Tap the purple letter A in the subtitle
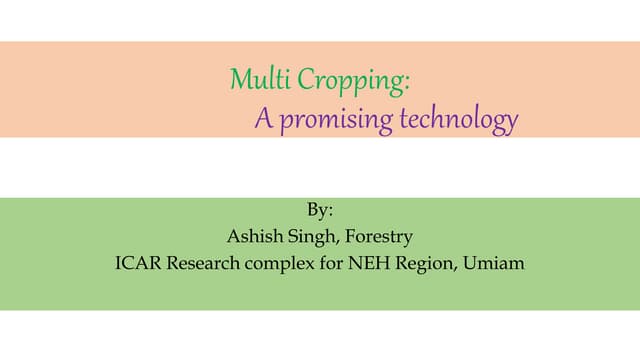pyautogui.click(x=264, y=120)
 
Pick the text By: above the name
pyautogui.click(x=319, y=212)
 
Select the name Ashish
pyautogui.click(x=253, y=238)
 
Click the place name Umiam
pyautogui.click(x=490, y=264)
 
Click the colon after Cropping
pyautogui.click(x=408, y=81)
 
